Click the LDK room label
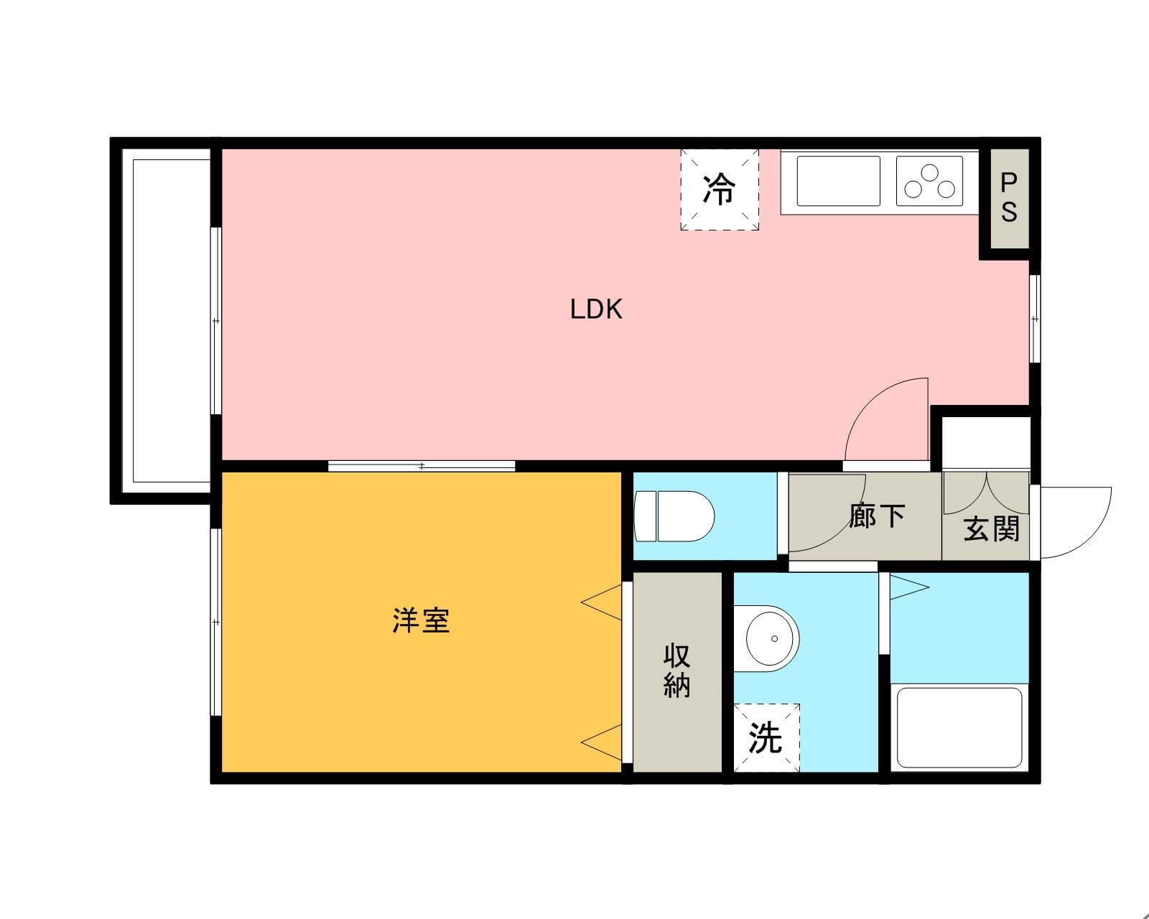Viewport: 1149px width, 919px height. [595, 309]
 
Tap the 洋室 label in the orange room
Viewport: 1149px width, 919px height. [421, 620]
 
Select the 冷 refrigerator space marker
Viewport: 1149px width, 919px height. [720, 190]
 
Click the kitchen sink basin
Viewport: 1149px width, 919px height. [838, 181]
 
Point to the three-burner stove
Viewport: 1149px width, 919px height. [929, 181]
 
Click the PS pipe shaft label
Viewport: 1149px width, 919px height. [1009, 197]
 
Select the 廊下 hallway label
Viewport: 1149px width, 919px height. [876, 516]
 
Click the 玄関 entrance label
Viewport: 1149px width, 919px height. [991, 529]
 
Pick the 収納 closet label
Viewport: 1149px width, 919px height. [676, 671]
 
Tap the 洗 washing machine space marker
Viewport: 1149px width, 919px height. [766, 737]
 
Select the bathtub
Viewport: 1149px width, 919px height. [959, 727]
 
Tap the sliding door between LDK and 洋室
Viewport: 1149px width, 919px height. [422, 466]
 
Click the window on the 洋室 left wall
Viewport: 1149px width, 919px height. [215, 622]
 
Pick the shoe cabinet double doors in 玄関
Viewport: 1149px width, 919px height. [985, 493]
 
